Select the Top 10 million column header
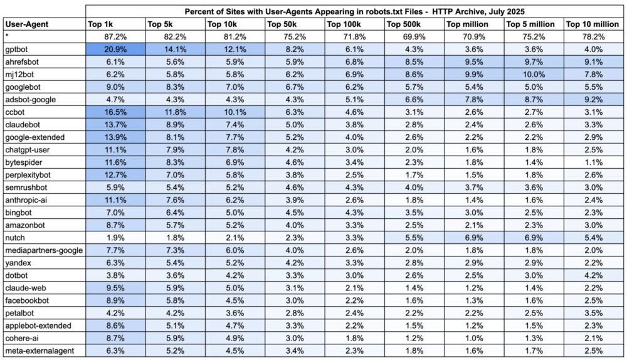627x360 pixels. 592,24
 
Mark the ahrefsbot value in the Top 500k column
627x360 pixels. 413,62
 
